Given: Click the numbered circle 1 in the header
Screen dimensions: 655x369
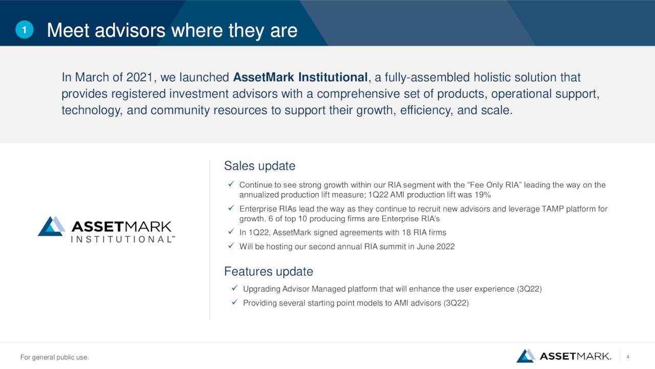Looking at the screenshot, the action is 25,30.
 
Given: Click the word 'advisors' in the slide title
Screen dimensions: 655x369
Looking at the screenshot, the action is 130,30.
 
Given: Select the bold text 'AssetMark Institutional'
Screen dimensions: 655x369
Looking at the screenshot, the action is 300,77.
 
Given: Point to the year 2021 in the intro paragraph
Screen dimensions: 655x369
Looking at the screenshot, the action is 140,77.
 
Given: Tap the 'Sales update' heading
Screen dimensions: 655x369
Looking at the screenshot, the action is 259,166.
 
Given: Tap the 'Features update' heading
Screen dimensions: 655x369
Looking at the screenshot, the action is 269,272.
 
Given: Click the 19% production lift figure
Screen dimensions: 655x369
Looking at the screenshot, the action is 483,195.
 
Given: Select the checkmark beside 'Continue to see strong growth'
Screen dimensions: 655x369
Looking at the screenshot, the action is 231,184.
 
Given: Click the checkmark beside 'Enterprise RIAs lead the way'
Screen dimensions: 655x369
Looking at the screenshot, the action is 231,208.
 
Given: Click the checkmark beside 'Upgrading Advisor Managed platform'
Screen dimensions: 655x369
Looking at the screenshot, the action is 234,288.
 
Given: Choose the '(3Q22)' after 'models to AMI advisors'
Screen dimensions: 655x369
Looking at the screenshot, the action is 456,303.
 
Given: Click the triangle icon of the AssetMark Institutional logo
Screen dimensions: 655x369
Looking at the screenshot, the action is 52,227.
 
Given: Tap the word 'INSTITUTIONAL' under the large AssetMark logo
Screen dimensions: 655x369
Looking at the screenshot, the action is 122,239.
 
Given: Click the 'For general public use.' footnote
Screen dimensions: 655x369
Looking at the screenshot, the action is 54,357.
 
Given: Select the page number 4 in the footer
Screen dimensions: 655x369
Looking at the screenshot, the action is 627,357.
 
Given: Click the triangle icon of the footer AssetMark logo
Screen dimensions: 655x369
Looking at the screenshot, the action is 526,356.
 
